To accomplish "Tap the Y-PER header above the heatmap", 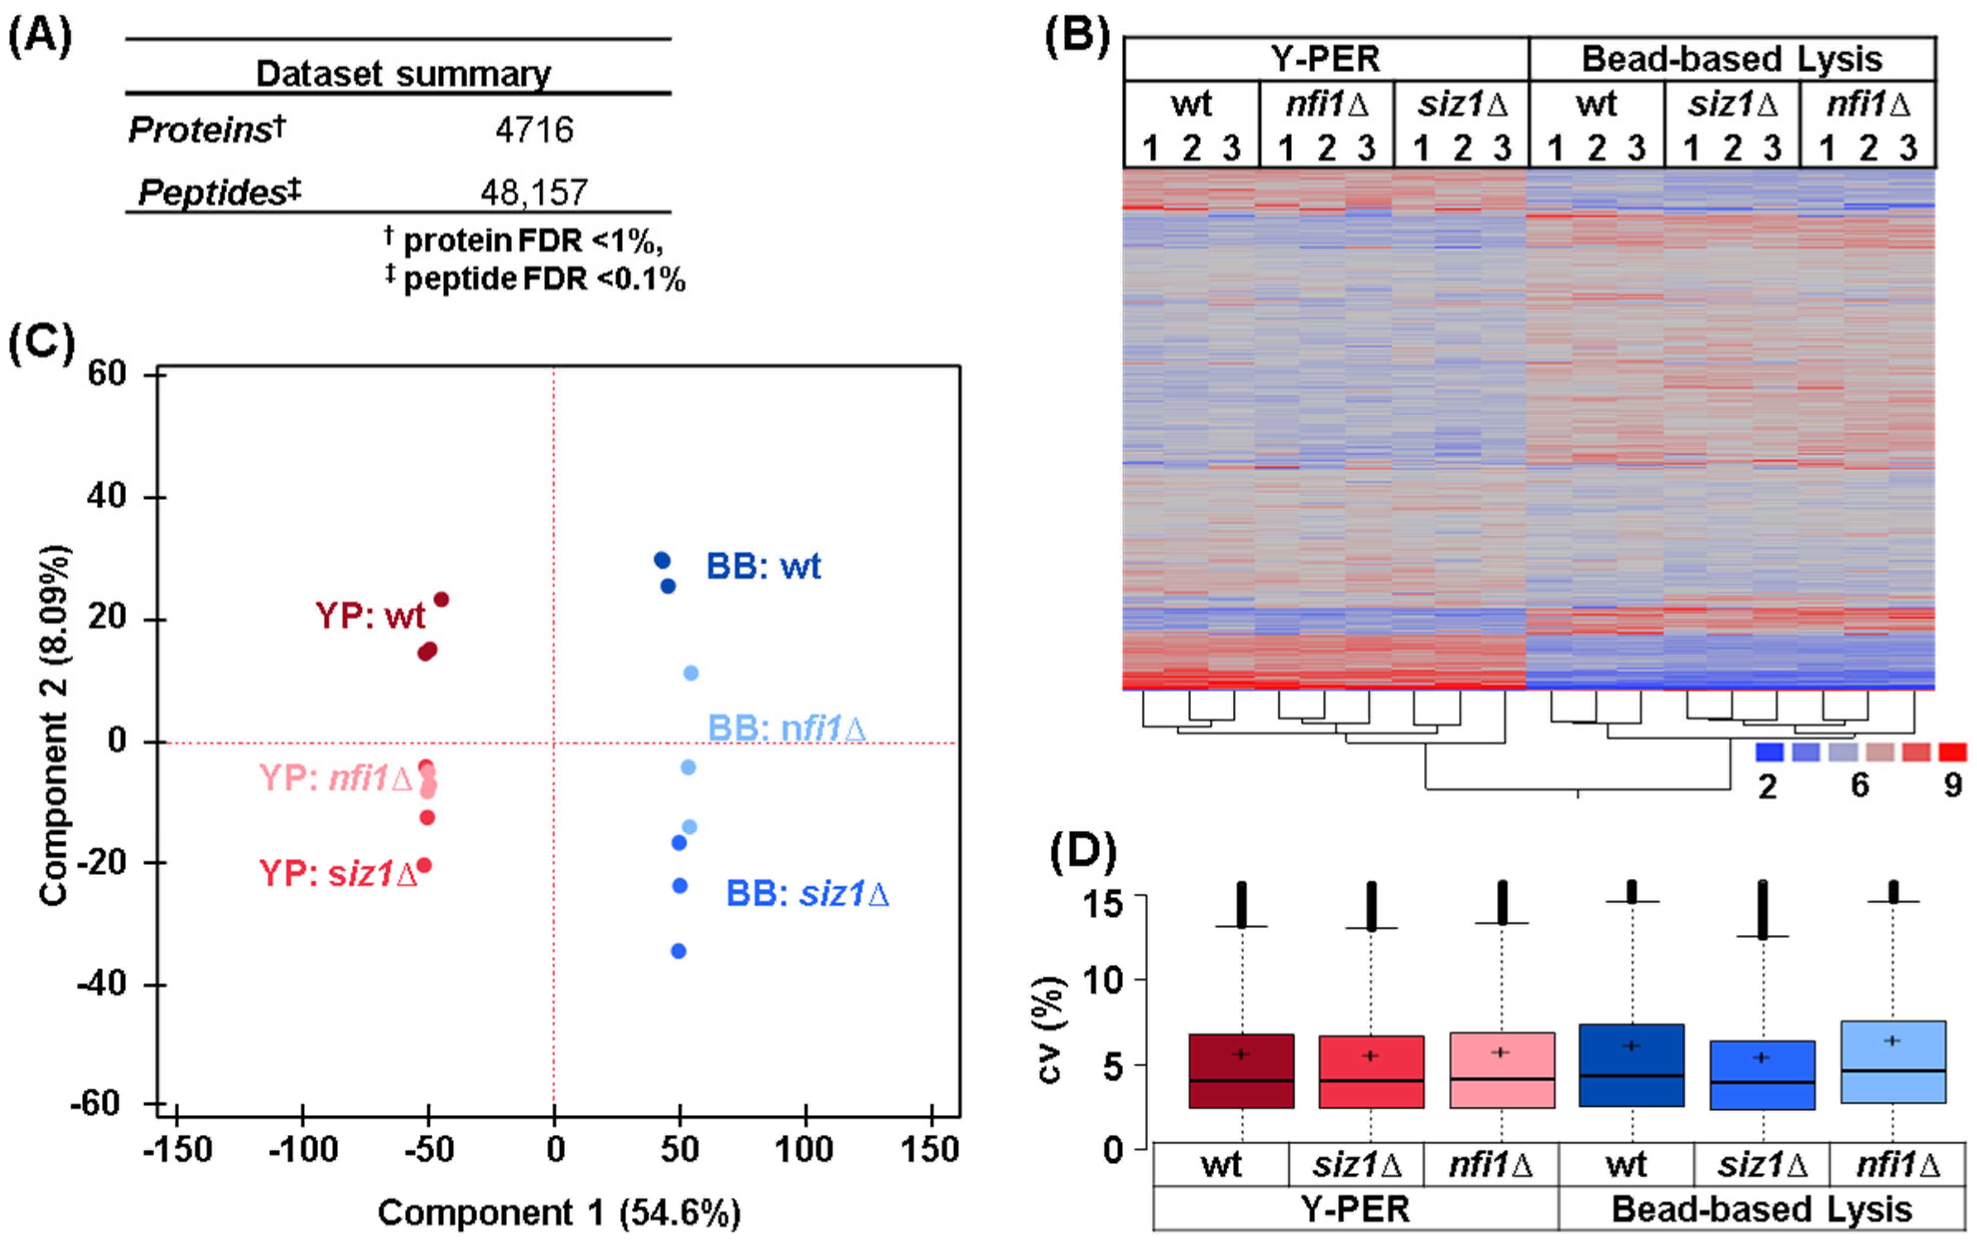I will pos(1324,59).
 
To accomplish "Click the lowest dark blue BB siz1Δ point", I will pos(678,951).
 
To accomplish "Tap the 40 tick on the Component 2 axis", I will pos(107,496).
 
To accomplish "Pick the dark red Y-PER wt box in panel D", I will pos(1241,1071).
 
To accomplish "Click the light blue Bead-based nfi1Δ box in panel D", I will pos(1893,1062).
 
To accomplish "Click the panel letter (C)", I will pos(41,342).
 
